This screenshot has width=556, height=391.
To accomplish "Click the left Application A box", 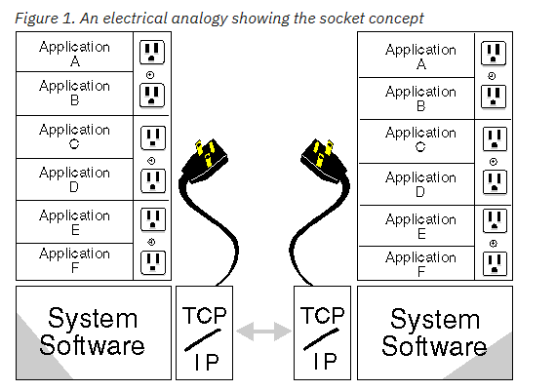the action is (x=74, y=52).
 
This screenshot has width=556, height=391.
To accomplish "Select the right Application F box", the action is (x=417, y=263).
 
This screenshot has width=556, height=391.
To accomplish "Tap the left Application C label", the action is (x=74, y=137).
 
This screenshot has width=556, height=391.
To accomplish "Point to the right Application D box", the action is (x=417, y=184).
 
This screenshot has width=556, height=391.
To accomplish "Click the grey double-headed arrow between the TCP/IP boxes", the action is (x=263, y=332).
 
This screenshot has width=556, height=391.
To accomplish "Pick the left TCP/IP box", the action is (x=204, y=332).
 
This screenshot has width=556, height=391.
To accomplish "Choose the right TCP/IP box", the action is (x=322, y=332).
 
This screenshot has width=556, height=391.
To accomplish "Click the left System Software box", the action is (x=94, y=332).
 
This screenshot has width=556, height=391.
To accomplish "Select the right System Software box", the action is (x=435, y=332).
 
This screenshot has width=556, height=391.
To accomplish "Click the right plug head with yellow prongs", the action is (x=324, y=160).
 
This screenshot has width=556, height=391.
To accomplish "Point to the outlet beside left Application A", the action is (x=152, y=52).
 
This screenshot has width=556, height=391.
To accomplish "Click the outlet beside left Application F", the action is (x=153, y=262).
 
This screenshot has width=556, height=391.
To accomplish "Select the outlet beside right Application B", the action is (x=494, y=97).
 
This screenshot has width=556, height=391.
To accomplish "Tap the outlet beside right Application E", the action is (x=495, y=220).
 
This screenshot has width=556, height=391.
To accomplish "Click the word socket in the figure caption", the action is (x=341, y=19).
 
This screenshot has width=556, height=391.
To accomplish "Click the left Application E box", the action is (x=74, y=222).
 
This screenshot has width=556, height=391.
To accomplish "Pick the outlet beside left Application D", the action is (x=153, y=180).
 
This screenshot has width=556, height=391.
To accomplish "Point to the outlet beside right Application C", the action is (x=495, y=139).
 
